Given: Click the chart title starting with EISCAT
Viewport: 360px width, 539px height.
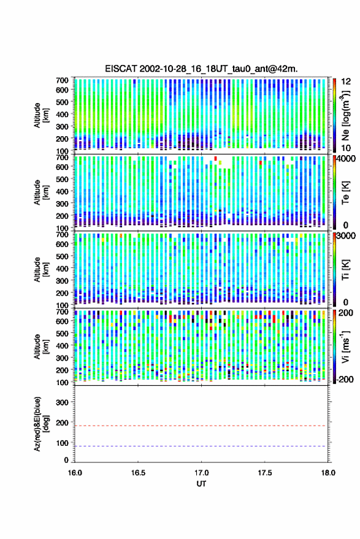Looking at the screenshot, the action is [202, 69].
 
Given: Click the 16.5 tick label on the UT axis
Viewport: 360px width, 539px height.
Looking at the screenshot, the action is [138, 473].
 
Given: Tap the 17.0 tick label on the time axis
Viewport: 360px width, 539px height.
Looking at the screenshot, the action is [201, 473].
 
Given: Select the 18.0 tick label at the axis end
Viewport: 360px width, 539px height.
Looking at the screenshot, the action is [328, 473].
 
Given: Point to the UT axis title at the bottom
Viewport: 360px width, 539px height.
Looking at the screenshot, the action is [201, 484].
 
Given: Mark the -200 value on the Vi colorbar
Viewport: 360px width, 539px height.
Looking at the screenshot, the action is [343, 380].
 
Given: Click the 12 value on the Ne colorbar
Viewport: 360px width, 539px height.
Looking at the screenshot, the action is [345, 82].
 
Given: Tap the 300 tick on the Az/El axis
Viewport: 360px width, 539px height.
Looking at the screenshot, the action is [62, 402].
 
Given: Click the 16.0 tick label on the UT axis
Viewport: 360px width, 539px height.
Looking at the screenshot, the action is [75, 473].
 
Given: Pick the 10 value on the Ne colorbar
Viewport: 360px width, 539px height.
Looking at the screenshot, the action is [345, 148].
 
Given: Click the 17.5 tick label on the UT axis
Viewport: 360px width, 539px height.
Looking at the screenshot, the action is [265, 473].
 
